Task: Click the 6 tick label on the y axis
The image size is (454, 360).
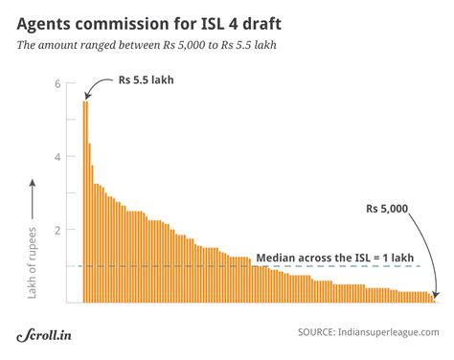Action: (x=58, y=83)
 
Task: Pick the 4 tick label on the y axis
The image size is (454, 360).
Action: (x=58, y=157)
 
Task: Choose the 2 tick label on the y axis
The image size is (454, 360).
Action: (x=58, y=230)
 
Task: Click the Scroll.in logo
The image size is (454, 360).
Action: (x=48, y=335)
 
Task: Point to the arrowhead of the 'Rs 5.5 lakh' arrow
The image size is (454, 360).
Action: (x=85, y=99)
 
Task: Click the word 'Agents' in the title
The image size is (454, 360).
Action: (x=49, y=20)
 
